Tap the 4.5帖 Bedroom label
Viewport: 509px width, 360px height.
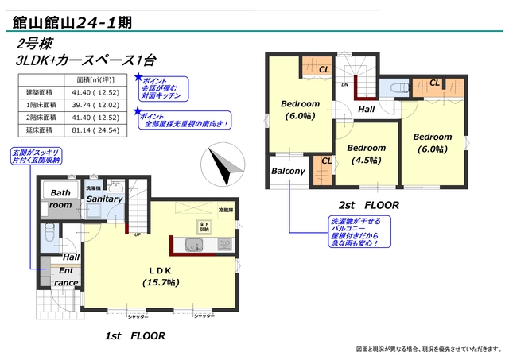click(367, 153)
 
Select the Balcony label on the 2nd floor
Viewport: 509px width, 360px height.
click(288, 171)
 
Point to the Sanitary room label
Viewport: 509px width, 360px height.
click(104, 199)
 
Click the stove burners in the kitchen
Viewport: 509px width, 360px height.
click(224, 243)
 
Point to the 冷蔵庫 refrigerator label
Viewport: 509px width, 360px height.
click(227, 210)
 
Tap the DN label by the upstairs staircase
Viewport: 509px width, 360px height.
click(345, 84)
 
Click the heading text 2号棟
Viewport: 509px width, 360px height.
click(33, 43)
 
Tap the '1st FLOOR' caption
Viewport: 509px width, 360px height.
click(135, 336)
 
